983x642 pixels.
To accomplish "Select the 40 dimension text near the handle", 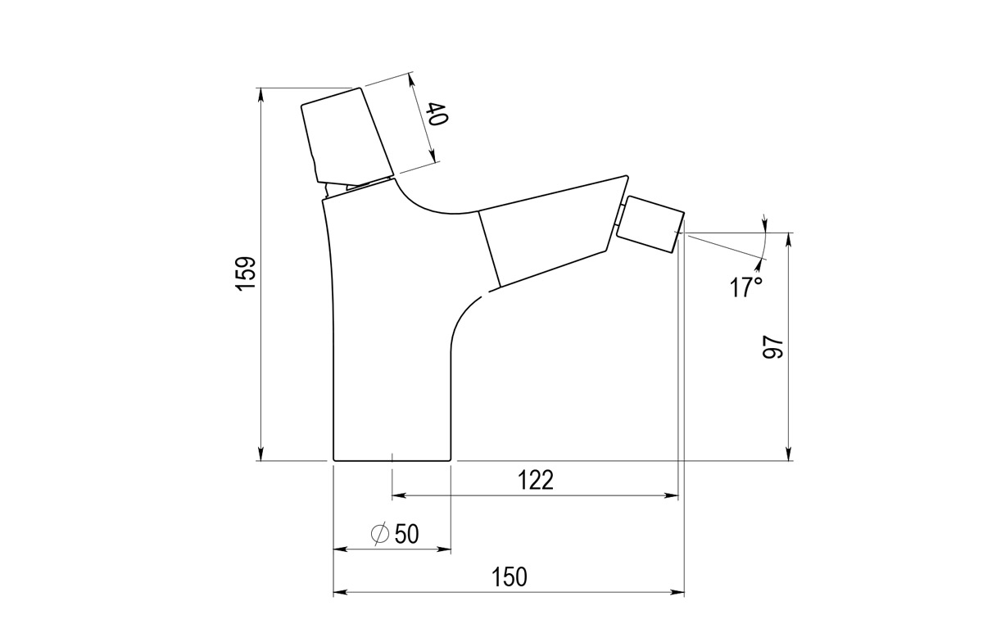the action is [437, 115].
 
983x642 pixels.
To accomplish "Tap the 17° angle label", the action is [746, 287].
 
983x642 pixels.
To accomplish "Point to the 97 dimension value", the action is [773, 347].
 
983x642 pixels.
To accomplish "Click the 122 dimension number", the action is [536, 480].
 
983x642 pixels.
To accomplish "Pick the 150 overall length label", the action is [510, 576].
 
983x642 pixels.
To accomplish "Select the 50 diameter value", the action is [406, 534].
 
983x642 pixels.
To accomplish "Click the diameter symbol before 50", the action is [380, 534].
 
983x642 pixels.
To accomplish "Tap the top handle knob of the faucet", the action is [344, 135].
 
